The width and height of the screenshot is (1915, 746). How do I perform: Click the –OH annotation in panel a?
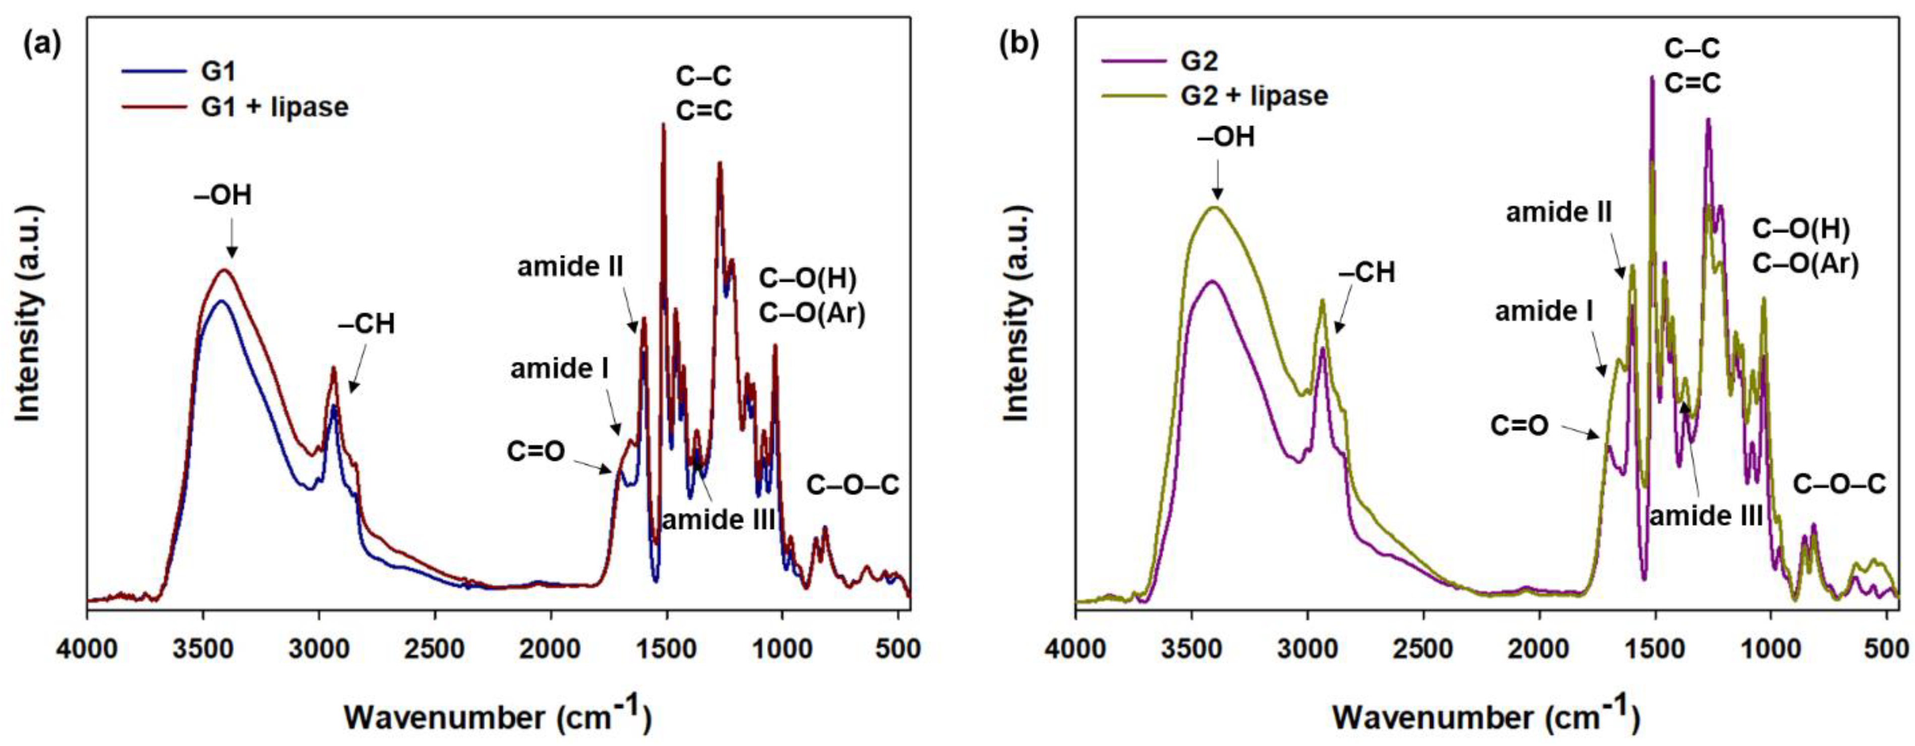coord(223,196)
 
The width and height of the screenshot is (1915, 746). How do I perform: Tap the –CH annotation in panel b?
coord(1366,272)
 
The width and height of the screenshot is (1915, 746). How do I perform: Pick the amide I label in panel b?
coord(1543,311)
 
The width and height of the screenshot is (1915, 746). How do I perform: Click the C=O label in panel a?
coord(535,451)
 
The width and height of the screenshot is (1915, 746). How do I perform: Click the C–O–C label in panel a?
coord(853,486)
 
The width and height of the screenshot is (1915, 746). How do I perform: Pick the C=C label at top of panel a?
coord(703,110)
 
